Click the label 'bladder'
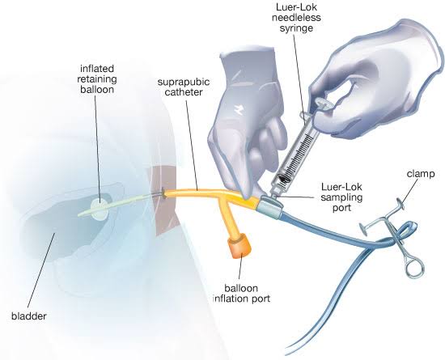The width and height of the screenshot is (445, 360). (28, 316)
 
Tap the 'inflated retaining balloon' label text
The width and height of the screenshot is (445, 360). (97, 78)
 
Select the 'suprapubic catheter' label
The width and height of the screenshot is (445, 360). (184, 87)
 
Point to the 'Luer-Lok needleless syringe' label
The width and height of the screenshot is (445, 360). (296, 18)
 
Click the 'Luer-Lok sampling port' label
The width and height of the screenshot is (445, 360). (341, 197)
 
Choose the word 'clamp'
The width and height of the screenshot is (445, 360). (421, 174)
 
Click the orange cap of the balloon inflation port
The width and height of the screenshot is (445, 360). (239, 246)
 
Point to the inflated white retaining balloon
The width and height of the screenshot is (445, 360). (100, 210)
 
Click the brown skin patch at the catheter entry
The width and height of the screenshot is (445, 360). (163, 201)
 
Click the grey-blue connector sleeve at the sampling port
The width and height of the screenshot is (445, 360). (269, 208)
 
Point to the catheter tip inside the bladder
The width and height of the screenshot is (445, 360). (79, 214)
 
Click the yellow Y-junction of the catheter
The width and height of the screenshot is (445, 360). (225, 198)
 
